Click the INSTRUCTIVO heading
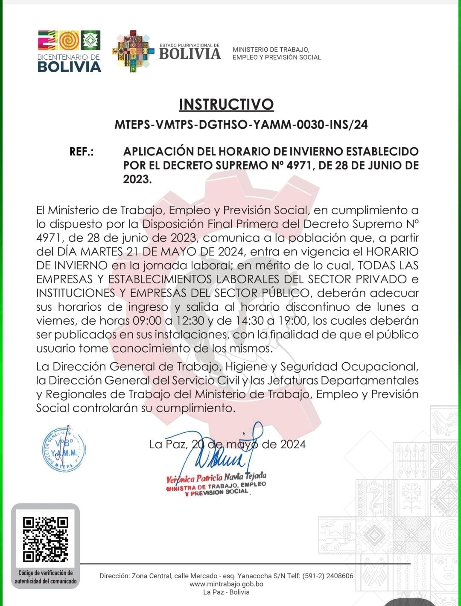point(226,105)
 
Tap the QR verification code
point(45,539)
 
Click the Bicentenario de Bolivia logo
point(69,51)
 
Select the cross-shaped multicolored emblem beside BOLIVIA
point(133,51)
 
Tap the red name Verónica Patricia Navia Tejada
point(216,477)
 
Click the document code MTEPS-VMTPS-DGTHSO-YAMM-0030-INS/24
point(241,125)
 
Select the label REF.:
point(82,152)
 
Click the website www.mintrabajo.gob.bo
point(226,584)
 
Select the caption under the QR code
point(45,577)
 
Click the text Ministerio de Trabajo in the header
point(271,50)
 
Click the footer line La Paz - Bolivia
point(226,592)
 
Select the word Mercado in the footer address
point(204,576)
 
